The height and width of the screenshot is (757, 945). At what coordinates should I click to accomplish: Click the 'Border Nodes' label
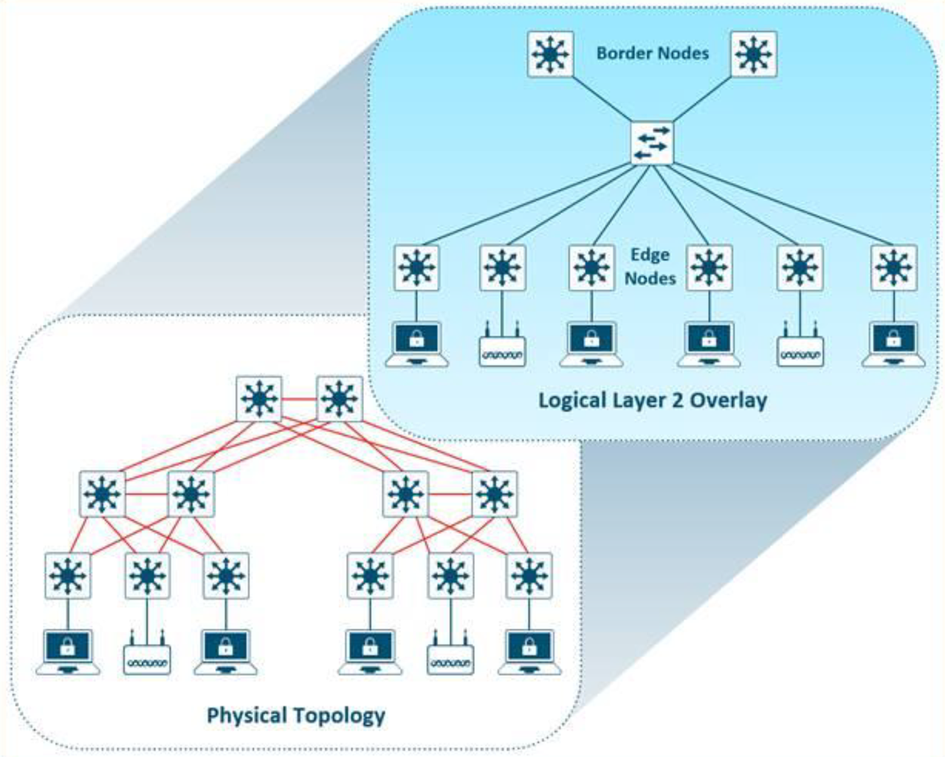click(653, 53)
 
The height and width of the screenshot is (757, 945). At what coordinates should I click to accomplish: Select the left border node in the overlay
click(550, 54)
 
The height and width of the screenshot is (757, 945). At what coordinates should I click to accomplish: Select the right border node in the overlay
click(754, 54)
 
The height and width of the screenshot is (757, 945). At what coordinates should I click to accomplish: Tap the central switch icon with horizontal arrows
click(653, 143)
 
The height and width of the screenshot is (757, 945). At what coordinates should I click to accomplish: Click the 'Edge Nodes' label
click(650, 267)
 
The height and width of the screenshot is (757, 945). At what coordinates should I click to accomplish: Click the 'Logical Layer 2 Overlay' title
click(653, 400)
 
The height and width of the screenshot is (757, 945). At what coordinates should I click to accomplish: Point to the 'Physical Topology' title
click(295, 715)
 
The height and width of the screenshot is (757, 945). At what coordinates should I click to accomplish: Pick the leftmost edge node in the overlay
click(417, 268)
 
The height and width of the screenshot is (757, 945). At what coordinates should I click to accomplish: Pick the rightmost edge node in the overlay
click(894, 268)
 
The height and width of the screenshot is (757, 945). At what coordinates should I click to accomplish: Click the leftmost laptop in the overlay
click(417, 344)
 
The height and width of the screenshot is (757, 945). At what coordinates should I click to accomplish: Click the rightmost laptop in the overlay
click(894, 344)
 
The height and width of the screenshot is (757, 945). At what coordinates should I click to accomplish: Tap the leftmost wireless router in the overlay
click(502, 347)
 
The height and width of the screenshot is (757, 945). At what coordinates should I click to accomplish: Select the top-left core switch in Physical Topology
click(258, 400)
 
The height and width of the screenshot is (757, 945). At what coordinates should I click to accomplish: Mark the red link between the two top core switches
click(298, 400)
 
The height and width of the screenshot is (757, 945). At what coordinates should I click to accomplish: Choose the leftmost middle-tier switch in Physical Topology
click(102, 494)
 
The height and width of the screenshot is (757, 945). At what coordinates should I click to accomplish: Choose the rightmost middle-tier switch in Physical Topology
click(495, 494)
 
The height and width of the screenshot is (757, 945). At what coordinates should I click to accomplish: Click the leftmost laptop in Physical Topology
click(68, 652)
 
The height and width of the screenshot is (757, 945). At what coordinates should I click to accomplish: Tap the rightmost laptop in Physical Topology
click(529, 652)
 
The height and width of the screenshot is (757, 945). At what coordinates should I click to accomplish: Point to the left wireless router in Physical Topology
click(147, 654)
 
